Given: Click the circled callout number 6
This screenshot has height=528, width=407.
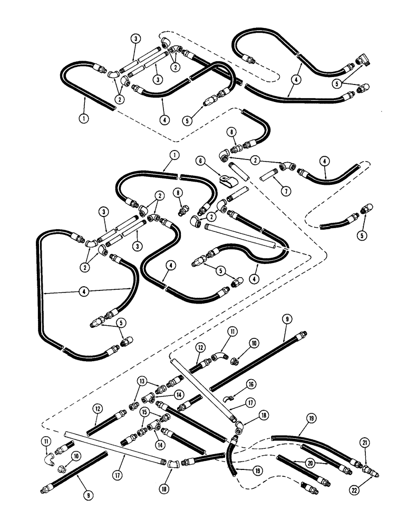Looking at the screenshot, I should click(x=201, y=161).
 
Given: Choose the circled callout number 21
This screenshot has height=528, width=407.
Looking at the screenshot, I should click(x=365, y=442).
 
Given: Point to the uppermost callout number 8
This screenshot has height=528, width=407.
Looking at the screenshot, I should click(x=230, y=130).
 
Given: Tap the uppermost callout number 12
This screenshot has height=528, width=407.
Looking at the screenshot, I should click(x=200, y=347).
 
